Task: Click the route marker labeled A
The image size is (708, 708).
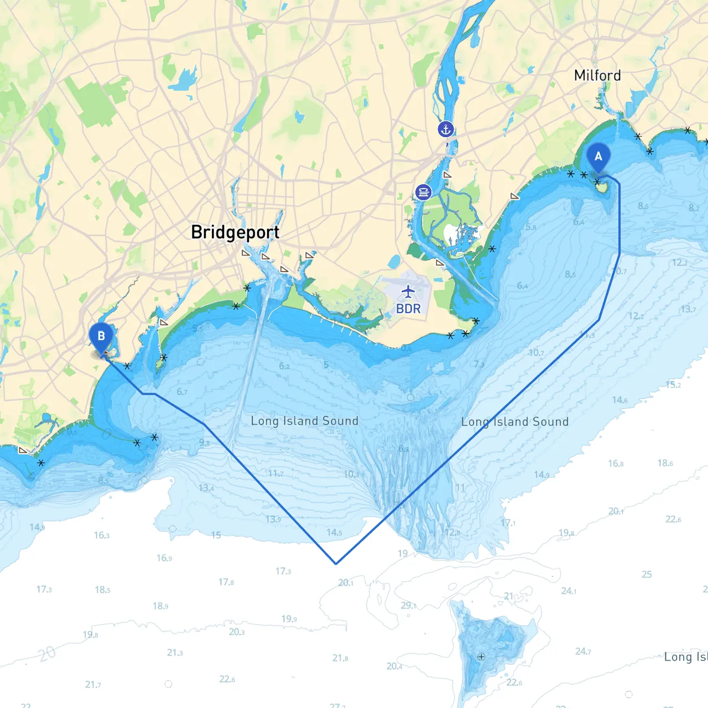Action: click(x=598, y=157)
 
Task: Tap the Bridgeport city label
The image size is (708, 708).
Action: click(x=235, y=232)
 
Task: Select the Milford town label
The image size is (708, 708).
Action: click(x=597, y=75)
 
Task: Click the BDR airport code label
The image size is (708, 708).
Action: click(x=408, y=309)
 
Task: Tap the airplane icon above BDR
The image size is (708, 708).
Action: click(x=408, y=291)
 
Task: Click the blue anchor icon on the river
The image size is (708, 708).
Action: click(x=445, y=129)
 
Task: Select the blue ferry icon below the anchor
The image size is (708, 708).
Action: click(x=423, y=192)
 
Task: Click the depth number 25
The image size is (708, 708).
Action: click(x=647, y=574)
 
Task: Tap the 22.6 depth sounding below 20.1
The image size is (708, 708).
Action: click(x=673, y=519)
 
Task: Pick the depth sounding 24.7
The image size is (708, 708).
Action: click(x=583, y=652)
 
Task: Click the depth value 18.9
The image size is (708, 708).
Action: click(x=160, y=606)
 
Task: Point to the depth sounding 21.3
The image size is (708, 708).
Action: click(x=175, y=653)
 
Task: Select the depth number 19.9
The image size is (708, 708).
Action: click(x=289, y=619)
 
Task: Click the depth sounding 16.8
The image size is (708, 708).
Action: click(x=616, y=463)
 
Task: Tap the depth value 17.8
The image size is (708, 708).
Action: click(x=226, y=582)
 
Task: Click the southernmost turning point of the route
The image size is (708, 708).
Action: click(x=336, y=564)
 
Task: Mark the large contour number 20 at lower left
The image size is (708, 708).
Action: click(x=47, y=654)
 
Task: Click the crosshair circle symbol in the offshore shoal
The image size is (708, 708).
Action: click(x=481, y=657)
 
